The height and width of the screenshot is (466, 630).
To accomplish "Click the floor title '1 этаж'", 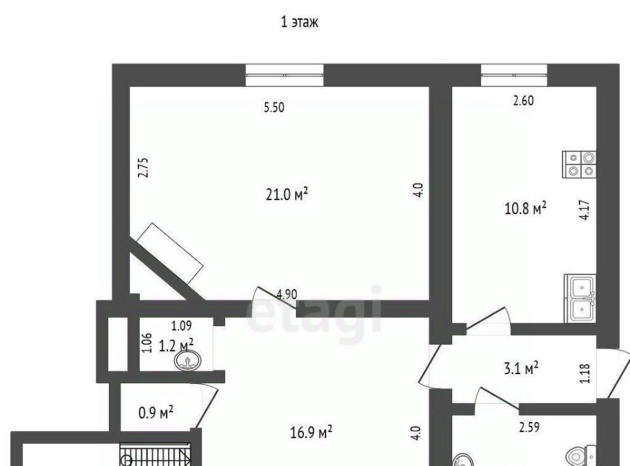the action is (299, 22).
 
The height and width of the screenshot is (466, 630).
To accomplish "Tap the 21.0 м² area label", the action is (287, 194).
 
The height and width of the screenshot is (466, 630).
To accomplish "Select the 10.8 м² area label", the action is (525, 208).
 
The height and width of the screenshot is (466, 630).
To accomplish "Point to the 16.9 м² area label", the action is (311, 433).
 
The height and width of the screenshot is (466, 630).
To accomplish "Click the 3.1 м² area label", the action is (521, 368).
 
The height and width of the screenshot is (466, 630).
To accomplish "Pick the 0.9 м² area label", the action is (156, 412).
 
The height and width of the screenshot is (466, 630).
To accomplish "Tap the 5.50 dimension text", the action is (274, 107).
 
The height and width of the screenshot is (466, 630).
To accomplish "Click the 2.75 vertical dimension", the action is (144, 167).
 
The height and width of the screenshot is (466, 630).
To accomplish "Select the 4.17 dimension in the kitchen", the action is (585, 210).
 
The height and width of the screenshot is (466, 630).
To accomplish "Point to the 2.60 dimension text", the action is (524, 100).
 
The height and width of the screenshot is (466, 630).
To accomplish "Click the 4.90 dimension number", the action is (287, 294).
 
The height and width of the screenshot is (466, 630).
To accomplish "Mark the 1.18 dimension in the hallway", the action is (585, 373).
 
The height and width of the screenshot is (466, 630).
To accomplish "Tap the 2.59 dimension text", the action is (529, 427).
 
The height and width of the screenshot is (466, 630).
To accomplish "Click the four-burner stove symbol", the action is (579, 164).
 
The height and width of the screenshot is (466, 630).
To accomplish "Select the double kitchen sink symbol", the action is (580, 298).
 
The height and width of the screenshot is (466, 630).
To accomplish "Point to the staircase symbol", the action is (155, 454).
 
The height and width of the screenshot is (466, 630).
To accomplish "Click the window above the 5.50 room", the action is (284, 75).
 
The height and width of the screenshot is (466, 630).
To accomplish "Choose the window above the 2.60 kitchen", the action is (514, 75).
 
